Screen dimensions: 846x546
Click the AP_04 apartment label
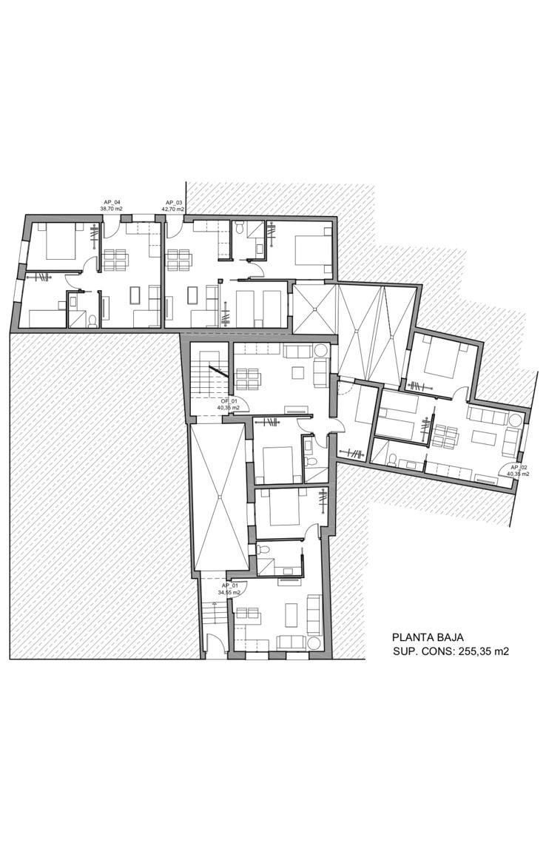pos(111,202)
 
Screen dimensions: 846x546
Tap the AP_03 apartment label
pos(174,202)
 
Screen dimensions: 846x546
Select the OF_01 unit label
pos(228,400)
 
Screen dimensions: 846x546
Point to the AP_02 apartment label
pos(518,468)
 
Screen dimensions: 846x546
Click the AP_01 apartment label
pos(229,586)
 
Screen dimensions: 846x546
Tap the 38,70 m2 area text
pos(111,209)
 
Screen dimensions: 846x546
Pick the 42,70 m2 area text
pos(174,209)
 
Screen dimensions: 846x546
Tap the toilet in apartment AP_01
pos(263,551)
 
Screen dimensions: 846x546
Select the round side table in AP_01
pos(314,642)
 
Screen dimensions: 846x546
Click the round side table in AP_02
pos(515,418)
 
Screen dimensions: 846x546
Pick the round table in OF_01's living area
pos(320,350)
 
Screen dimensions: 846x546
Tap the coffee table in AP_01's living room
pos(291,614)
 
